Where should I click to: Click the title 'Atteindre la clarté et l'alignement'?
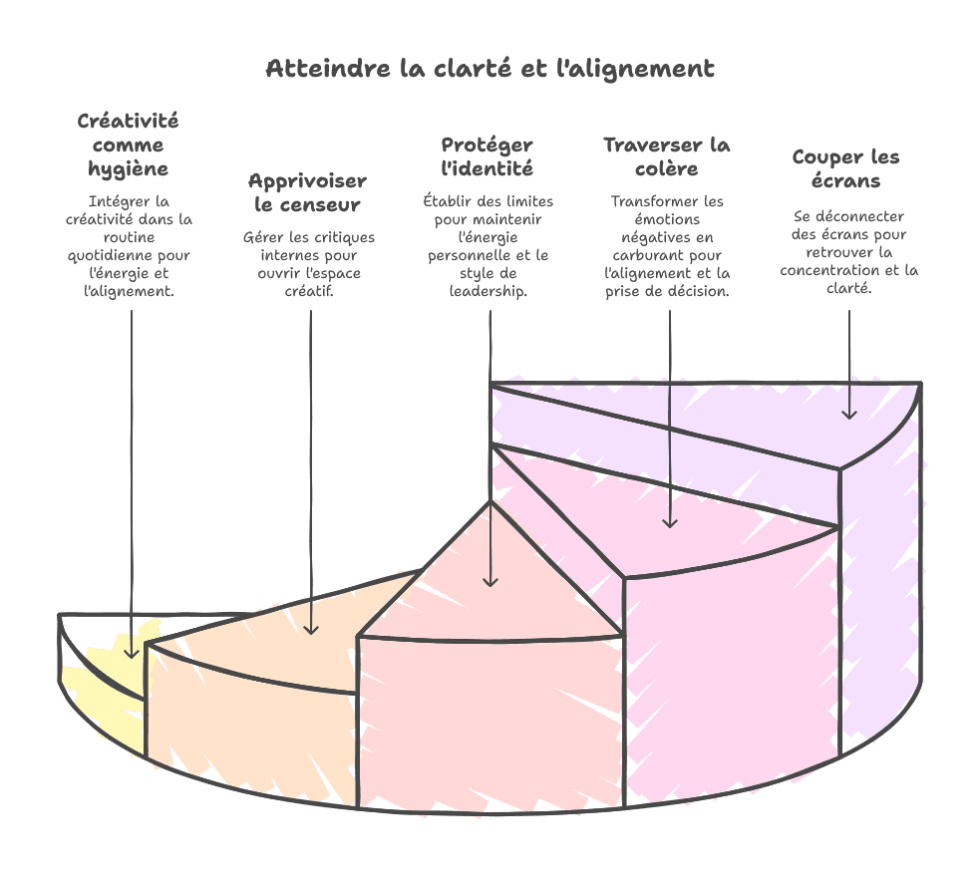490,69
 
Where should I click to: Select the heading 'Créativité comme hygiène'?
129,145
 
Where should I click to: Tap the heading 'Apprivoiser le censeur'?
307,192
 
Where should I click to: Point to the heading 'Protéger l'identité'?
487,156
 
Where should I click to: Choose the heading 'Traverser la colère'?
667,156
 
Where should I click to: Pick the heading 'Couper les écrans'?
845,168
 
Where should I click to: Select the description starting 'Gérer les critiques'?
309,263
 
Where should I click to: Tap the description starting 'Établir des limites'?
488,245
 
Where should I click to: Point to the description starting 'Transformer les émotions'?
667,245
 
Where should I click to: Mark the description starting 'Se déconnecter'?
848,251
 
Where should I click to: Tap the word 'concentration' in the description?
827,270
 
